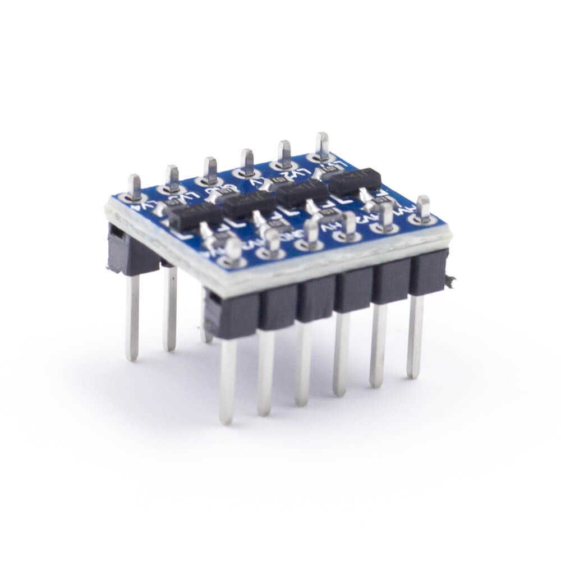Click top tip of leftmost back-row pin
click(x=134, y=180)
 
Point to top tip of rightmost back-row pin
click(x=322, y=137)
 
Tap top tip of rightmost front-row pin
click(x=424, y=201)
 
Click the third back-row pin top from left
click(x=210, y=164)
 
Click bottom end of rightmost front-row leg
click(x=415, y=374)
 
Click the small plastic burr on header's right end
click(x=450, y=281)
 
